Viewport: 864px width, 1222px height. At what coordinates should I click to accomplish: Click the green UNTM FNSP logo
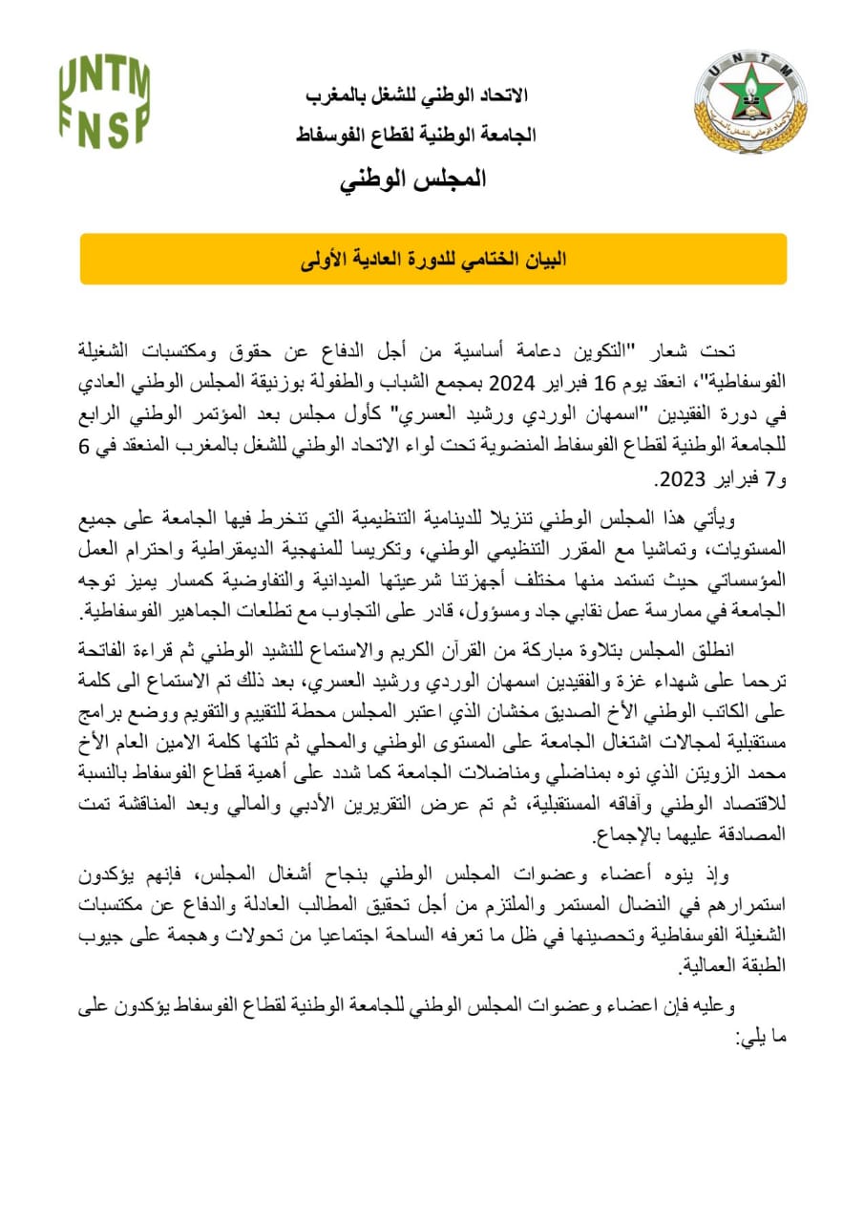104,99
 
